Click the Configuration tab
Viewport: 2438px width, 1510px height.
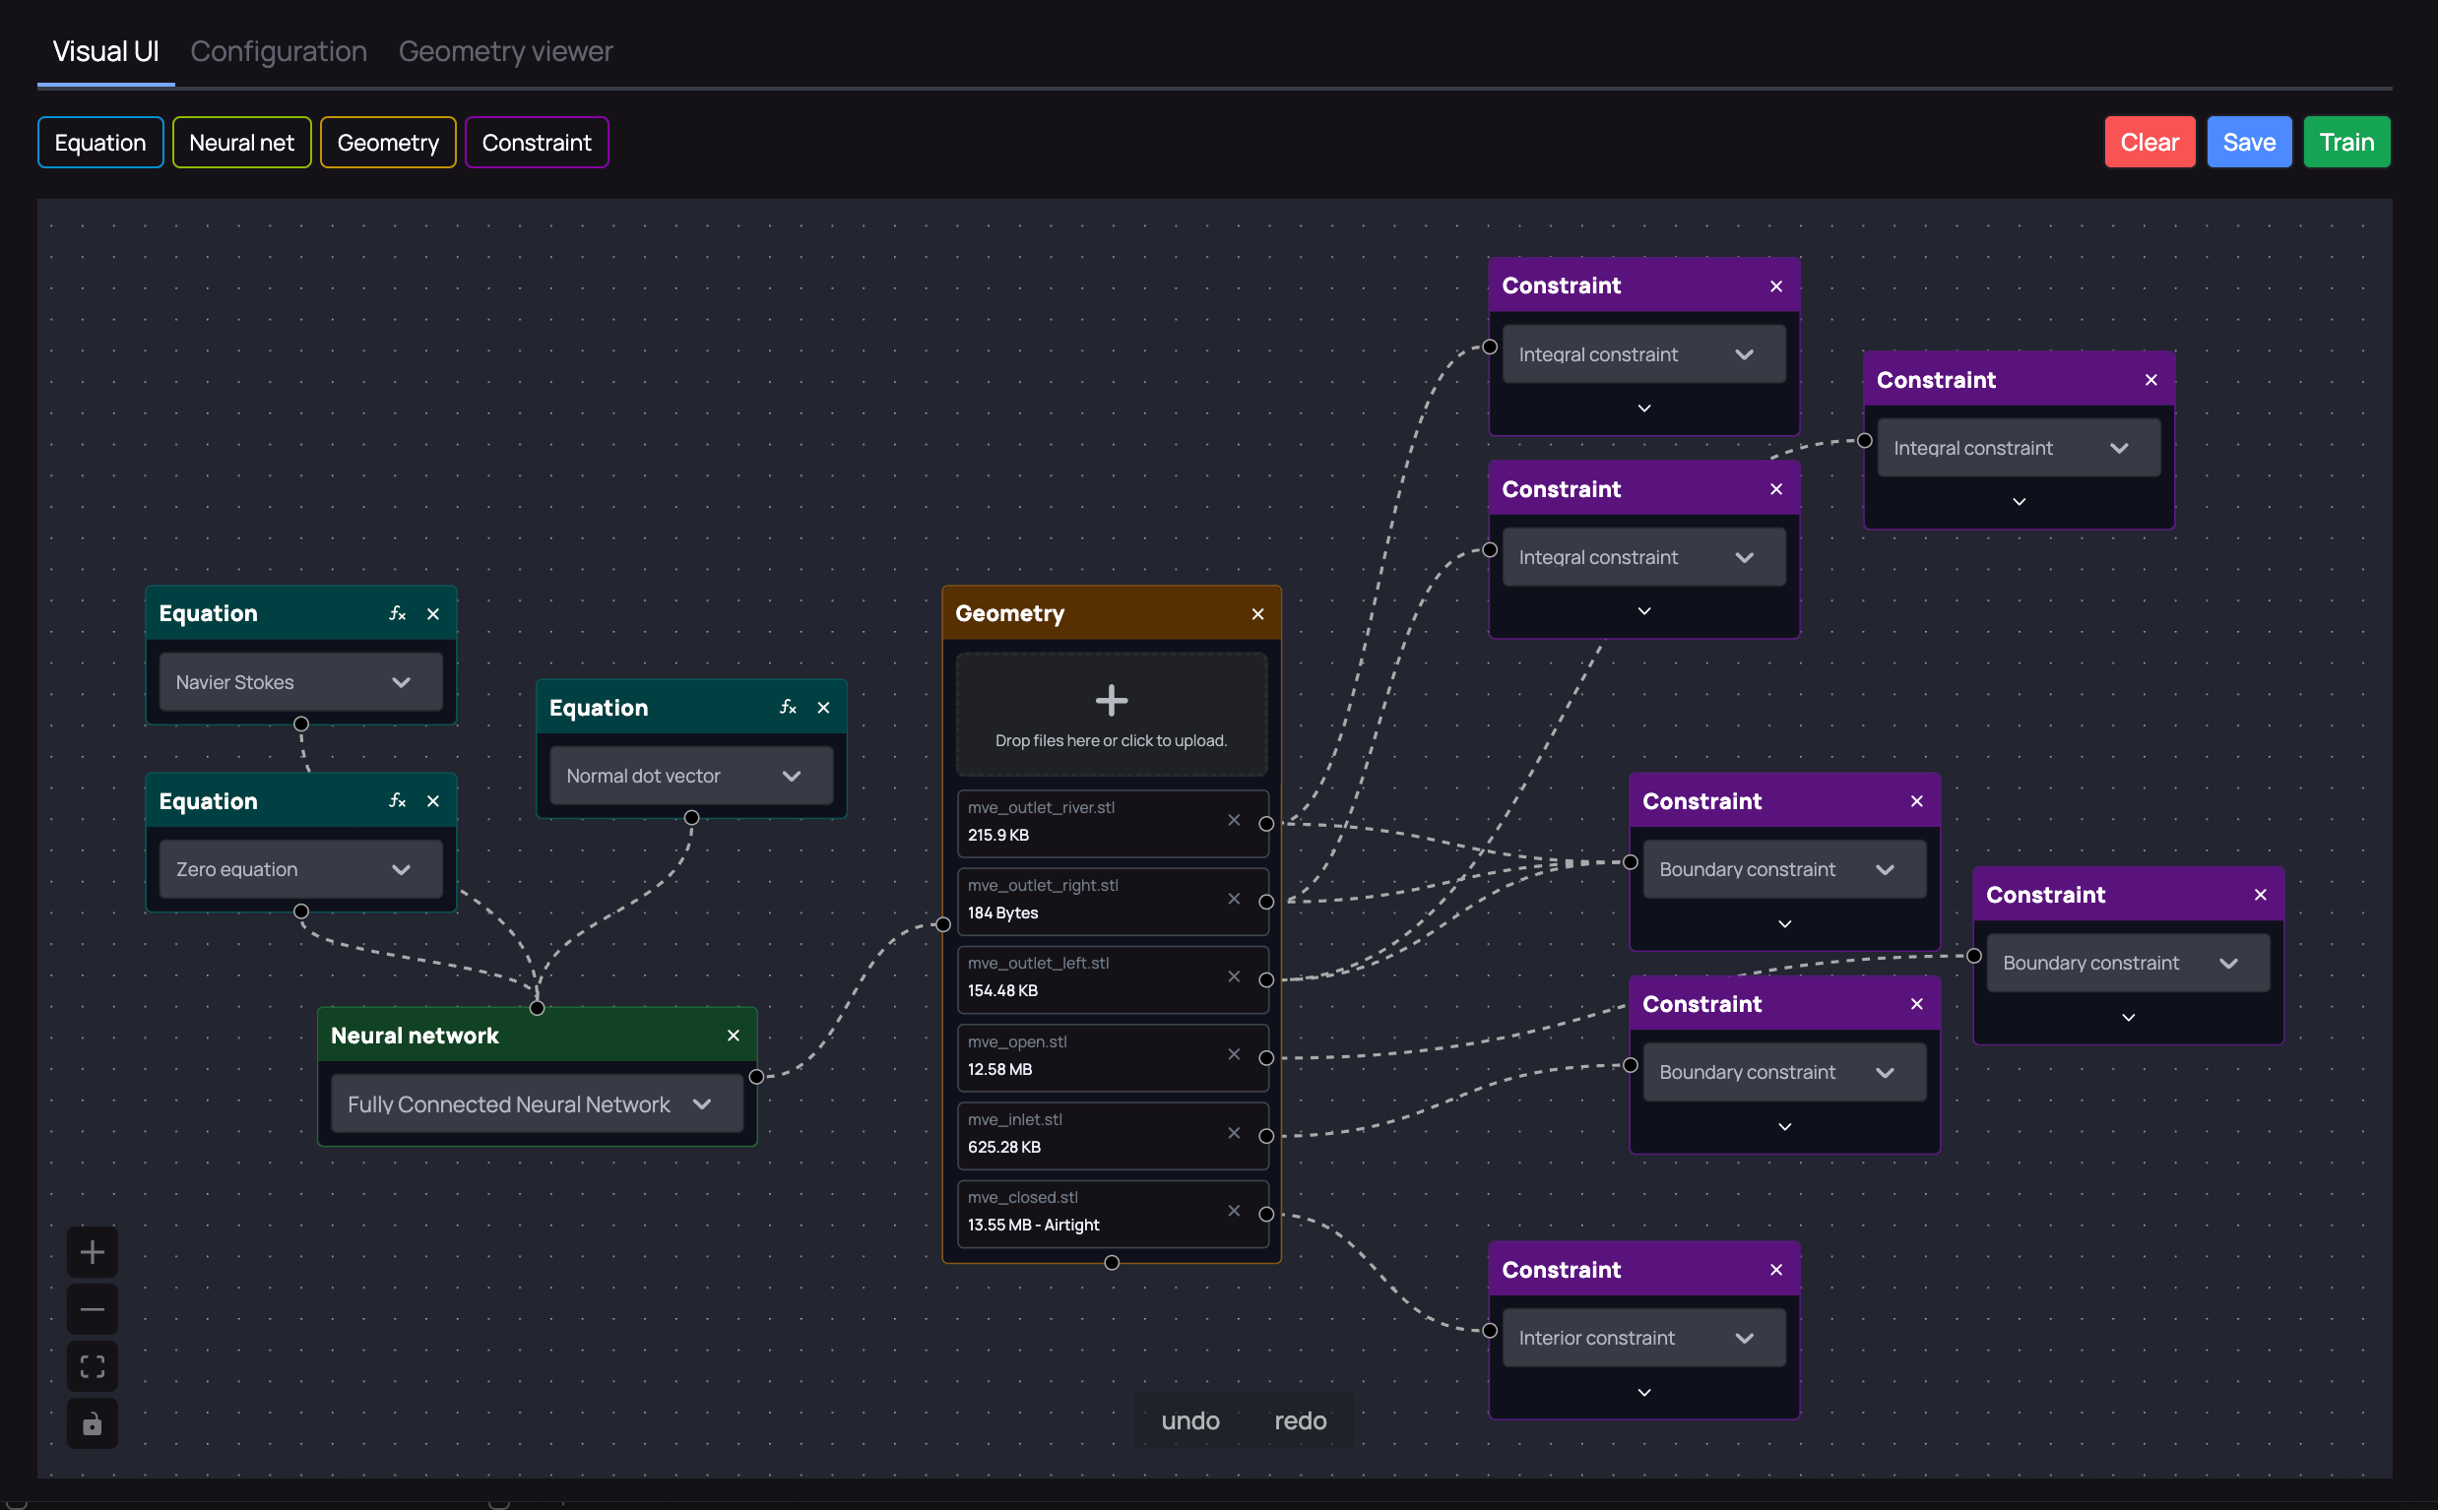(279, 51)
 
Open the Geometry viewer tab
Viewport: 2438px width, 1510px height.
(505, 51)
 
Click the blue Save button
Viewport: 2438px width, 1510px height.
(2248, 142)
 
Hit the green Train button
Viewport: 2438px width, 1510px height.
(2346, 142)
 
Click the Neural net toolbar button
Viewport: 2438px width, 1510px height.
(241, 143)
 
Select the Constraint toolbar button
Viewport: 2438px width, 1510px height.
(537, 143)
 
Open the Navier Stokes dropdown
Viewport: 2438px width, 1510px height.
(300, 682)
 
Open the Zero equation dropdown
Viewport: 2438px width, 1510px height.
(300, 869)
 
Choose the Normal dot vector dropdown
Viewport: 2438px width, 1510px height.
(690, 776)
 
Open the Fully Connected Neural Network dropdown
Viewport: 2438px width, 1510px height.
(537, 1103)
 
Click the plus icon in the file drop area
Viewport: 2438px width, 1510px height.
(1111, 700)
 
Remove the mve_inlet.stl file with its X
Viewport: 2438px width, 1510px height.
(1235, 1132)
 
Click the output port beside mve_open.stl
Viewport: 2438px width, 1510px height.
(1266, 1057)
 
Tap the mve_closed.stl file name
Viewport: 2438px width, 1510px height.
(1023, 1197)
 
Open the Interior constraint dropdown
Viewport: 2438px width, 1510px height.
(1643, 1337)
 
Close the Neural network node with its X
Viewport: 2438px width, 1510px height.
(734, 1036)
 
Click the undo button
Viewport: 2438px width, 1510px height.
(1189, 1420)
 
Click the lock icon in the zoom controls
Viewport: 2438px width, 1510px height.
(92, 1423)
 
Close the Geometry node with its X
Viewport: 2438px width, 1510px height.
(1257, 614)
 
